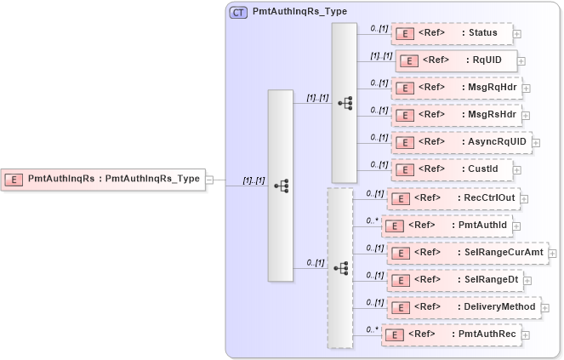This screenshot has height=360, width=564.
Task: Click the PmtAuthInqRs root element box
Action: tap(103, 179)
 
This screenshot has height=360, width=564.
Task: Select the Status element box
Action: tap(452, 33)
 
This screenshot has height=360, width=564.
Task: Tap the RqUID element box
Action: tap(456, 60)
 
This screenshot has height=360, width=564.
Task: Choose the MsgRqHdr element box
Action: tap(455, 87)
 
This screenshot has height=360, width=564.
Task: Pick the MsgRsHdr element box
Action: tap(455, 114)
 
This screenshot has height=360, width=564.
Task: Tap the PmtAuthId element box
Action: tap(446, 226)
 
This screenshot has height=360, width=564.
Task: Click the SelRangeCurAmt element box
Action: tap(467, 253)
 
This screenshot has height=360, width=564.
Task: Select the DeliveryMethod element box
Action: tap(464, 306)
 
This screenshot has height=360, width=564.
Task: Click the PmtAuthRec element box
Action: tap(450, 334)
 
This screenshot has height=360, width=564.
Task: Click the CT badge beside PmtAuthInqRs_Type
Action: tap(239, 13)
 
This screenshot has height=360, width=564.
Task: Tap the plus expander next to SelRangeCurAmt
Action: tap(554, 253)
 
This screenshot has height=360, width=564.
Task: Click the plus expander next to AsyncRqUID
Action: tap(537, 142)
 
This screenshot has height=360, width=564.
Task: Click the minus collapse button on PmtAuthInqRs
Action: tap(209, 180)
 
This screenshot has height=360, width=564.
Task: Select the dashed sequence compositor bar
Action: tap(340, 268)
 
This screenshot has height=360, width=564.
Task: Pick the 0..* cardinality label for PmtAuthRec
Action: tap(372, 329)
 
